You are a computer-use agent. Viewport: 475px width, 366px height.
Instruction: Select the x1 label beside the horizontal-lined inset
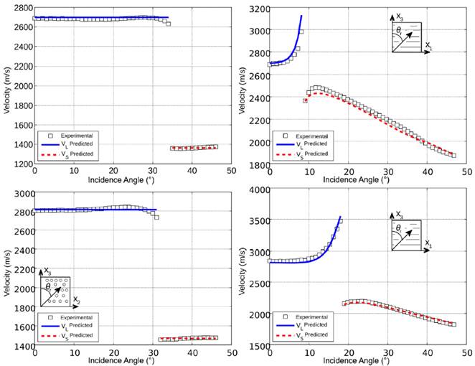click(428, 245)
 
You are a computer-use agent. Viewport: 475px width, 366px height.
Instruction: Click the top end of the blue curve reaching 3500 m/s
click(340, 217)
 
